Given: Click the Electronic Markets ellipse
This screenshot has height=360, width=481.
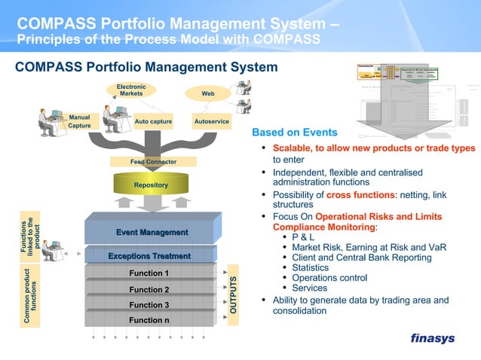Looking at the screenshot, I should [x=131, y=91].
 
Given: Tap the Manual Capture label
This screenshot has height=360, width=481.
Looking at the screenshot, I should [x=79, y=122].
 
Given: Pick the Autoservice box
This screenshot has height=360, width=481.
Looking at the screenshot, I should [x=212, y=121].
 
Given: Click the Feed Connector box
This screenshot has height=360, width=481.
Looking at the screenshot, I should [x=153, y=161].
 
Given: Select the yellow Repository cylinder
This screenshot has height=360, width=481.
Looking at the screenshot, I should [x=151, y=184].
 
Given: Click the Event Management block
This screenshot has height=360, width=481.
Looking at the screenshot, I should [x=152, y=232].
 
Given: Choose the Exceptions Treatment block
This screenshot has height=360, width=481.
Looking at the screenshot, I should [x=149, y=257].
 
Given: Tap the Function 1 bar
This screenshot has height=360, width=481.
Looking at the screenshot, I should [x=149, y=273].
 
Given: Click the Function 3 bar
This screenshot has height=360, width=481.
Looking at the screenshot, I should [x=149, y=305].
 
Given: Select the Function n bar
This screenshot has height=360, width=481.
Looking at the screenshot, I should [x=149, y=320].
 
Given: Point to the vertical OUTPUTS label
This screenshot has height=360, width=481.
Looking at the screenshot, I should [x=234, y=295].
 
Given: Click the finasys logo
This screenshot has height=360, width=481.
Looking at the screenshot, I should [x=432, y=338].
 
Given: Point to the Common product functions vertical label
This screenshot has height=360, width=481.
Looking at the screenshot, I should [x=32, y=296].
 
